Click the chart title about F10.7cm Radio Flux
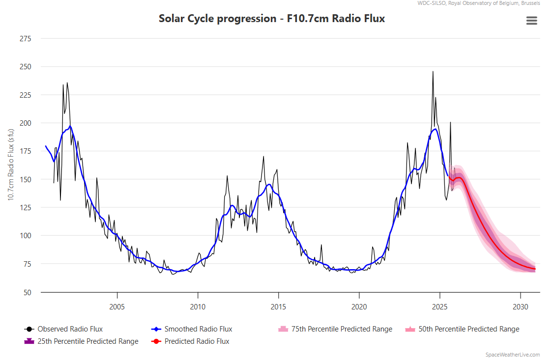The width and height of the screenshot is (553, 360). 271,19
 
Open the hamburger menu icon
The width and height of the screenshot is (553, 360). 531,21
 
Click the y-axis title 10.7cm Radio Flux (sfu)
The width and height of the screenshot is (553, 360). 11,165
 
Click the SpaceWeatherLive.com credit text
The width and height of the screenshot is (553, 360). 512,355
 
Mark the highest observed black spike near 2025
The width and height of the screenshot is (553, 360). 433,72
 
